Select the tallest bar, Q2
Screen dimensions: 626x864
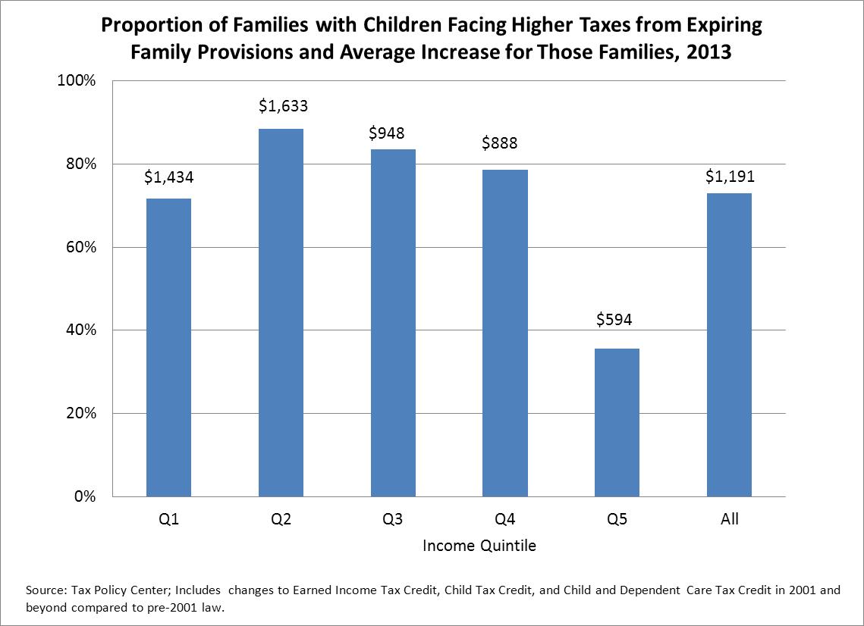(x=281, y=312)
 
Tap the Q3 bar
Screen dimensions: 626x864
(x=393, y=323)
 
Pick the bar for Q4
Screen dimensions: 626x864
(x=505, y=333)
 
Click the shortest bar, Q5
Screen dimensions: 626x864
(x=617, y=422)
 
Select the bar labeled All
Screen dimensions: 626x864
(x=730, y=345)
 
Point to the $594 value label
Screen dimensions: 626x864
(x=614, y=320)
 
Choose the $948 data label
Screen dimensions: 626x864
(x=386, y=133)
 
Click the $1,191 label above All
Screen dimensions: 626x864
(x=729, y=177)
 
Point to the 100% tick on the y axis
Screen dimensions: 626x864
(x=76, y=81)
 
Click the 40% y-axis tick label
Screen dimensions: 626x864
(x=80, y=330)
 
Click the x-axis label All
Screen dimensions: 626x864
(x=730, y=520)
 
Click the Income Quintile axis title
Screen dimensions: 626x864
(x=479, y=546)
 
